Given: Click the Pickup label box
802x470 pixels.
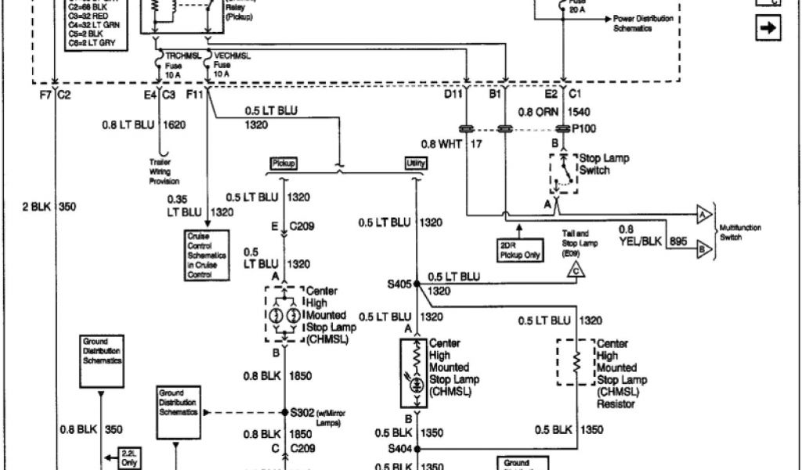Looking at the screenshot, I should (283, 163).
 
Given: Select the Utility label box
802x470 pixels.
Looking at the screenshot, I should (415, 163).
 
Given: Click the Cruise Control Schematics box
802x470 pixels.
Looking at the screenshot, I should (208, 255).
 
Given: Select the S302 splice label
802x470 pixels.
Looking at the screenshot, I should (303, 412).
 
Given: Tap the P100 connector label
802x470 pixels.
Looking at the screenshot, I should (583, 128).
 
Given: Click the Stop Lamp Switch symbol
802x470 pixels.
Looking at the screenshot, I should (562, 172).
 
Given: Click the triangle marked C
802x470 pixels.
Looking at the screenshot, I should (577, 271).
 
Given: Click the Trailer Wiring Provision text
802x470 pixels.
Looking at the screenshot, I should (165, 171).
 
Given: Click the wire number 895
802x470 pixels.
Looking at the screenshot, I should (677, 242).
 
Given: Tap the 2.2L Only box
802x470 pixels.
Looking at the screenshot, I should (126, 457).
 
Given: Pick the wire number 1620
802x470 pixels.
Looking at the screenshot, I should (174, 125).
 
